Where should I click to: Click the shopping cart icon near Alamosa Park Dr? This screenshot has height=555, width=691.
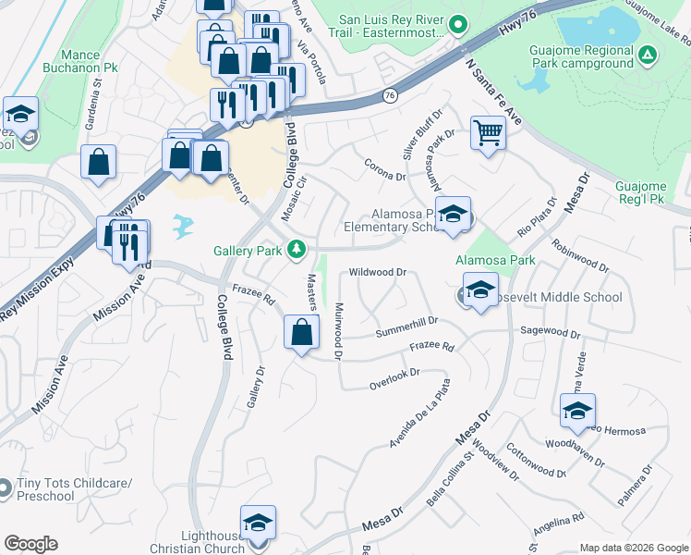[x=488, y=132]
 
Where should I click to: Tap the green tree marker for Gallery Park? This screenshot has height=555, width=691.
[x=297, y=249]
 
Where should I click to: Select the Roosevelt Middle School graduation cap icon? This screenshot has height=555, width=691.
[x=480, y=290]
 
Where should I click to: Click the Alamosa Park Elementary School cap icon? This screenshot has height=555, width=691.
[x=452, y=215]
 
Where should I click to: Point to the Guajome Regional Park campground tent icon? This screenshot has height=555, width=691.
[x=649, y=56]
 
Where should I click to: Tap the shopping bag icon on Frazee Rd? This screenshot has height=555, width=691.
[x=301, y=332]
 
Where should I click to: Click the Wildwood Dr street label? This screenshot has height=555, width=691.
[x=378, y=272]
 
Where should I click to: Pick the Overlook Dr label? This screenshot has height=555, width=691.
[x=394, y=377]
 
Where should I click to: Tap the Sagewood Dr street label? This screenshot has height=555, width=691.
[x=550, y=330]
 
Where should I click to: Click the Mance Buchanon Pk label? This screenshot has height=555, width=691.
[x=91, y=62]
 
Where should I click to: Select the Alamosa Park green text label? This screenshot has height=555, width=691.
[x=495, y=261]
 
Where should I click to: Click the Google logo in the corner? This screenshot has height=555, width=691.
[x=30, y=544]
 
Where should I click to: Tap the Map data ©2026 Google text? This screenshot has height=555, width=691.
[x=633, y=548]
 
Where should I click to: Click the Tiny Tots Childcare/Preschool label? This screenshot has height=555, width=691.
[x=74, y=489]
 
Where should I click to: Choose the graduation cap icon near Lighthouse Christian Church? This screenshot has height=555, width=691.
[x=259, y=521]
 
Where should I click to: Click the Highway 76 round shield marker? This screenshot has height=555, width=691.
[x=390, y=95]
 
